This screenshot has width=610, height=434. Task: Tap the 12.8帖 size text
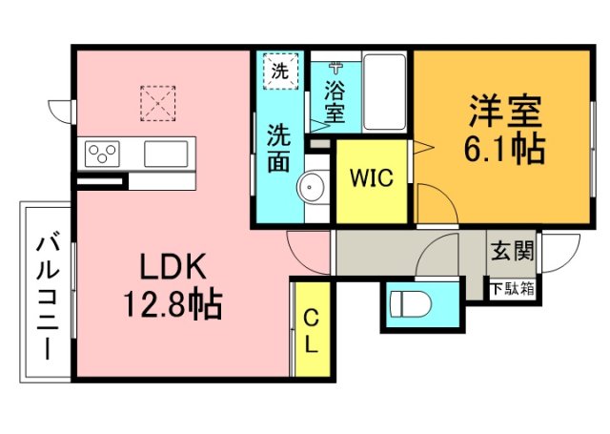tap(172, 304)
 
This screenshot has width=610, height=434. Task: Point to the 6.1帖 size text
tap(505, 148)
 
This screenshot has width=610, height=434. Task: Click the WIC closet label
tap(370, 178)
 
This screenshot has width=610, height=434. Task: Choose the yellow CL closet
tap(311, 329)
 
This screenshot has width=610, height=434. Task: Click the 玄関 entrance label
tap(512, 253)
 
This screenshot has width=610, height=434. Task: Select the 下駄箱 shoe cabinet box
tap(513, 288)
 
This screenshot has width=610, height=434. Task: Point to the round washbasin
tap(312, 187)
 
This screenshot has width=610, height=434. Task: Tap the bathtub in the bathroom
tap(383, 93)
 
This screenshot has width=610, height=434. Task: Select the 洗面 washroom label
tap(278, 147)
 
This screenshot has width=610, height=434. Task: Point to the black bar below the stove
tap(99, 181)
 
